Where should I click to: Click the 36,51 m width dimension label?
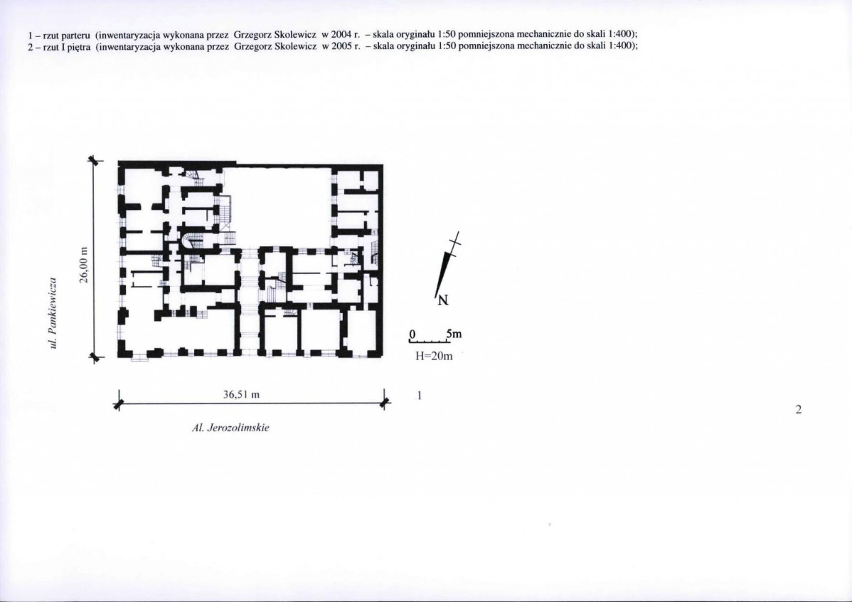pos(241,394)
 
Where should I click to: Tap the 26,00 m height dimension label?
pos(83,265)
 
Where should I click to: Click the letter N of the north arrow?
pos(443,300)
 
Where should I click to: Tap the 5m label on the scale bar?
pos(454,333)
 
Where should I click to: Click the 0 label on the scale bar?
pos(412,333)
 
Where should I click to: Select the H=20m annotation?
pos(434,357)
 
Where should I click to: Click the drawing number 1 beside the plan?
pos(419,395)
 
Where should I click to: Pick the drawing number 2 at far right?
pos(798,409)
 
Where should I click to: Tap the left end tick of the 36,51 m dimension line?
pos(119,403)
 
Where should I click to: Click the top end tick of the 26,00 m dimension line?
pos(94,160)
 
